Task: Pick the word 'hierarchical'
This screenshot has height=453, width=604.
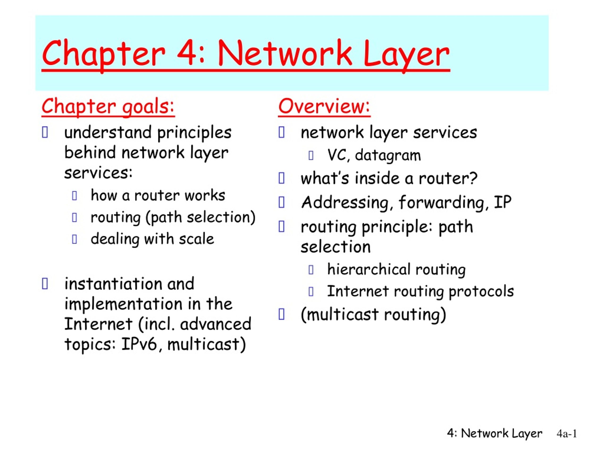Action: (369, 269)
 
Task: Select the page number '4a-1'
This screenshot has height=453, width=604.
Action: (566, 434)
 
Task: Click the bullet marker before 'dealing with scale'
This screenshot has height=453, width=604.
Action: (74, 239)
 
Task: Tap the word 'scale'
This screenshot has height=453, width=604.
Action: (196, 239)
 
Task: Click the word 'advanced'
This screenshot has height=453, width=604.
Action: (215, 324)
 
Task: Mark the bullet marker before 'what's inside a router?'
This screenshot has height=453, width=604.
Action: (281, 179)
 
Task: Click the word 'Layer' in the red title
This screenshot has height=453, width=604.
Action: (406, 53)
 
